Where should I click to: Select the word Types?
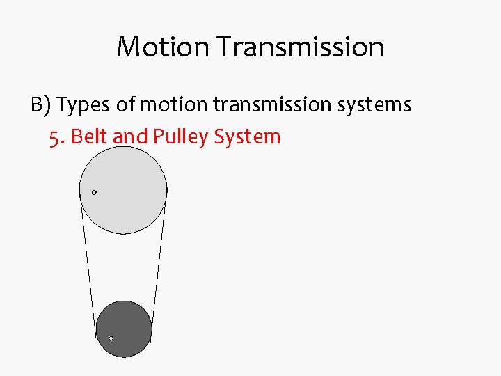83,104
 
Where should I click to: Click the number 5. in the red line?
58,136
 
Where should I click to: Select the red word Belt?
90,136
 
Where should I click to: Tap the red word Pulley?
180,136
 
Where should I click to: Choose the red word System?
247,136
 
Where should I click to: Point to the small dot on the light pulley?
94,192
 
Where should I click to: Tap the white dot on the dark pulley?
111,338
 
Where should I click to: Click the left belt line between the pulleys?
88,265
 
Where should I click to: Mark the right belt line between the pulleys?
159,265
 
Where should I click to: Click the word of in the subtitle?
126,104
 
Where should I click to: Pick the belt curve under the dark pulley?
124,357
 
